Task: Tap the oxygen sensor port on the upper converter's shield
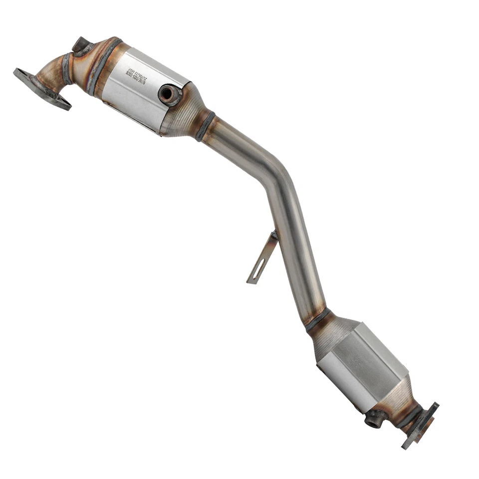pos(169,94)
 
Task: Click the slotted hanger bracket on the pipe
pos(263,257)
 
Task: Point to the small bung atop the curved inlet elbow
pos(81,45)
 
